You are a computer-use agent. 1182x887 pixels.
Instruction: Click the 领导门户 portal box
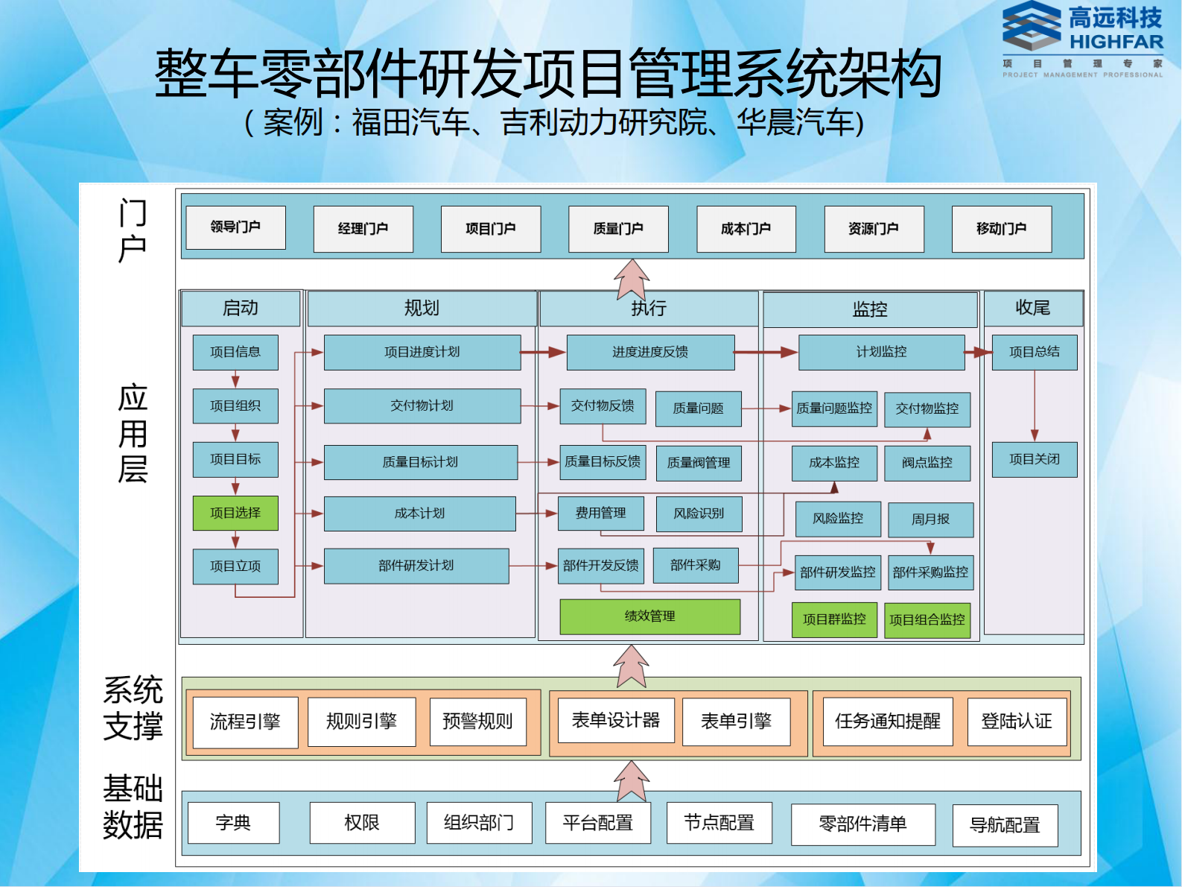click(x=235, y=227)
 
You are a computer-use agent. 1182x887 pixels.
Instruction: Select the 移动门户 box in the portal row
click(x=1001, y=229)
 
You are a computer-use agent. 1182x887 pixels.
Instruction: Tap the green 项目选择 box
click(x=235, y=513)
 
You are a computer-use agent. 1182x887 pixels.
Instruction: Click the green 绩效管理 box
click(x=649, y=616)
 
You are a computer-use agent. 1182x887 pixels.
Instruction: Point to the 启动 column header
click(x=241, y=308)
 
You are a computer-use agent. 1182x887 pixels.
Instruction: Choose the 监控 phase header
click(x=869, y=309)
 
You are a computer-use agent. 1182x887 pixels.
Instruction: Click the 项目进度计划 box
click(x=422, y=352)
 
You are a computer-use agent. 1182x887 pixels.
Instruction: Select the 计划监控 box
click(x=881, y=352)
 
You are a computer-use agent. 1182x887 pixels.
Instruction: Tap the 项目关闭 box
click(x=1034, y=459)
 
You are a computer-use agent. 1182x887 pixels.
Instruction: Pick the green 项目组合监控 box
click(x=927, y=620)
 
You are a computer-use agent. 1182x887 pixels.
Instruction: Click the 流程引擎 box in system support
click(x=245, y=722)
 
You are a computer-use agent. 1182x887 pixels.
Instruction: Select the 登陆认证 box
click(x=1017, y=722)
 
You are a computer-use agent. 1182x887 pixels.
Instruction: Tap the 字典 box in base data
click(x=233, y=823)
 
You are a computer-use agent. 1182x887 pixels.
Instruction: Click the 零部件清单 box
click(x=862, y=824)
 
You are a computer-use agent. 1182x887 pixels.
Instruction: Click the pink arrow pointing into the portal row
click(x=632, y=279)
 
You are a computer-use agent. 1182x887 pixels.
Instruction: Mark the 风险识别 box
click(x=699, y=514)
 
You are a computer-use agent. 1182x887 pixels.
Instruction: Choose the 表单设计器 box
click(x=615, y=721)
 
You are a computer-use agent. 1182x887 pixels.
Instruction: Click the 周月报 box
click(x=930, y=520)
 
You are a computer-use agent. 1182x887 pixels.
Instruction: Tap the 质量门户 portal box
click(x=618, y=229)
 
